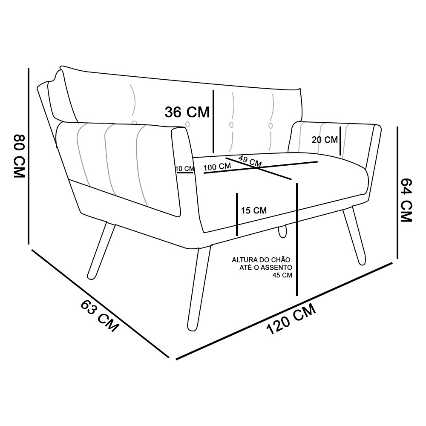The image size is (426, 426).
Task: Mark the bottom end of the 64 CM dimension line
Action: click(x=397, y=259)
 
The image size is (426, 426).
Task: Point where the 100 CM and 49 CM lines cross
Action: click(x=257, y=168)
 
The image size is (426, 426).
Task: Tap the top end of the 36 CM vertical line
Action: click(x=213, y=90)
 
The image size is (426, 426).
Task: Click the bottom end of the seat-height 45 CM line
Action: click(x=297, y=295)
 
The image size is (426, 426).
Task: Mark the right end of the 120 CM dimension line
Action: click(x=392, y=263)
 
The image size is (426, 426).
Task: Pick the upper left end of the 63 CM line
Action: click(x=32, y=250)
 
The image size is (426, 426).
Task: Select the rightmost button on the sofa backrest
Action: click(x=271, y=126)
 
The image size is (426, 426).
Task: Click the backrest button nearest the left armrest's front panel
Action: click(x=187, y=124)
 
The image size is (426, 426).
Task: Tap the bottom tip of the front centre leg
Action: click(x=193, y=330)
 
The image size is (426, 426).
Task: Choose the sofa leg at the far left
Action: click(x=101, y=251)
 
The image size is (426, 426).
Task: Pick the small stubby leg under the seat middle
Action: click(x=282, y=231)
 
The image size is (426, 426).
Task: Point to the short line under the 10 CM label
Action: click(x=184, y=173)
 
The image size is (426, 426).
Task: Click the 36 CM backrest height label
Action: click(x=187, y=112)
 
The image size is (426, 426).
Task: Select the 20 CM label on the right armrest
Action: click(x=325, y=140)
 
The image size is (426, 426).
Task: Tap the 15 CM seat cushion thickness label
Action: click(x=254, y=210)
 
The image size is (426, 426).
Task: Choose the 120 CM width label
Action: click(x=291, y=319)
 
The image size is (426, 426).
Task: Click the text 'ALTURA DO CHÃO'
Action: click(x=261, y=260)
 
